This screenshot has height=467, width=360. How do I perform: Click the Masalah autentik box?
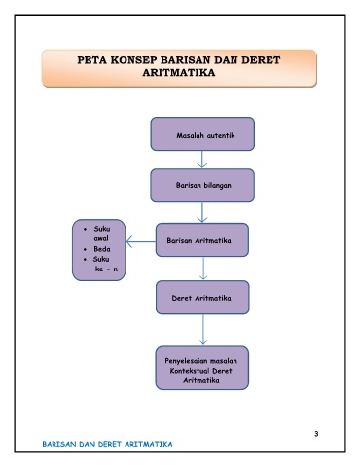(202, 134)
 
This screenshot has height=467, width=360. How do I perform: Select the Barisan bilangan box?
(202, 186)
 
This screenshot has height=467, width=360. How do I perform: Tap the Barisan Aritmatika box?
(202, 240)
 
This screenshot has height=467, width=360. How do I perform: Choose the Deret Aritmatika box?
(202, 298)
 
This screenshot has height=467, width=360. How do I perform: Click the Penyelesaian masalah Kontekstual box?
(202, 368)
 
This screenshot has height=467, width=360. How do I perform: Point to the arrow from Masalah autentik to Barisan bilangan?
(202, 160)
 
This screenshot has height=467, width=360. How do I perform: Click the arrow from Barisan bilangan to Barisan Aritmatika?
(202, 212)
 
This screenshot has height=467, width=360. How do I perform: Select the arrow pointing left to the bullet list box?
(141, 241)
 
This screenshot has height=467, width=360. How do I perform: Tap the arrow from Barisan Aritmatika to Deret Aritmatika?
(203, 269)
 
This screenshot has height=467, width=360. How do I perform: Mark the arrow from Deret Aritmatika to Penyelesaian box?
(203, 330)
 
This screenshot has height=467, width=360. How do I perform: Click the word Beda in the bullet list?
(102, 249)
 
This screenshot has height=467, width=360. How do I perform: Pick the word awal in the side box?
(101, 238)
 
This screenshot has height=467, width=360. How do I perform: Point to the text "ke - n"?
(106, 269)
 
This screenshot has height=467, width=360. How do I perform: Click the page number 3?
(316, 434)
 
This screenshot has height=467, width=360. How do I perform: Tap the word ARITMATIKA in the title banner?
(179, 72)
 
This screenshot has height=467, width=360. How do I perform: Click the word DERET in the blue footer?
(110, 444)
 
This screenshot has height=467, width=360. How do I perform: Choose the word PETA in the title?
(92, 60)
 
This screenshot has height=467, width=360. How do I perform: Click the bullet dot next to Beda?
(85, 250)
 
